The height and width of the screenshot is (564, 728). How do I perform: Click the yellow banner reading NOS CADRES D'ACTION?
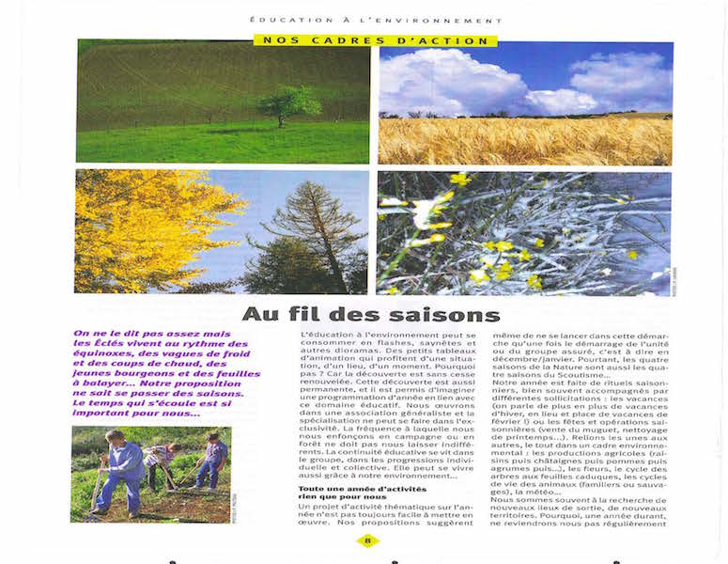(375, 40)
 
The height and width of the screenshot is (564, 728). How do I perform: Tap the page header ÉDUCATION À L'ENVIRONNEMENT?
(376, 20)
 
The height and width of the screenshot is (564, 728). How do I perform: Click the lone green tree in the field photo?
(289, 103)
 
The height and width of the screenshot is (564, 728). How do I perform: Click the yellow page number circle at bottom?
(369, 540)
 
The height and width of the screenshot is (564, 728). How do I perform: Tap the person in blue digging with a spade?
(123, 467)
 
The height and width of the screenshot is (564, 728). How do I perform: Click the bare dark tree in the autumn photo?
(310, 235)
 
